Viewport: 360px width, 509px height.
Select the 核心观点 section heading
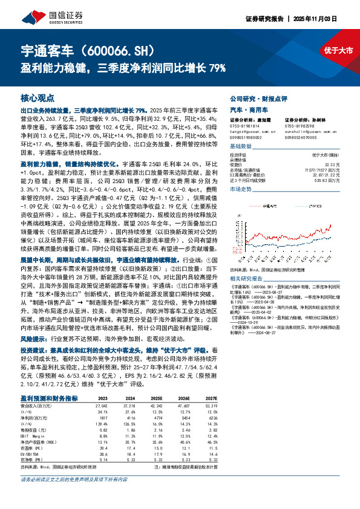(38, 97)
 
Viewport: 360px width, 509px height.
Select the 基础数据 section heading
(241, 147)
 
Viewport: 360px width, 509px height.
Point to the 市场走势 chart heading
(241, 189)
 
